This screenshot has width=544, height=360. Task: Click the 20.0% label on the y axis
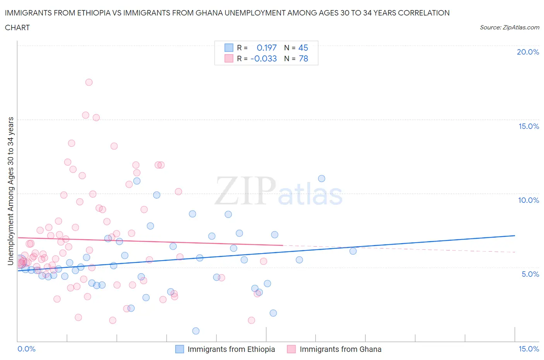[x=528, y=52]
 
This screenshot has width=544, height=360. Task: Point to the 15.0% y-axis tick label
[x=529, y=126]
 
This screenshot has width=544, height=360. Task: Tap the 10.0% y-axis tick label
[x=529, y=200]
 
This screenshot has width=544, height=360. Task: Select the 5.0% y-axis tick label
[x=530, y=274]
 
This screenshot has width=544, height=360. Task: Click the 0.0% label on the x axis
[x=26, y=349]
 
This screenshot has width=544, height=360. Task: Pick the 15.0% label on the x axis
[x=529, y=349]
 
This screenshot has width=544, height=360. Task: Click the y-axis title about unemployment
[x=10, y=191]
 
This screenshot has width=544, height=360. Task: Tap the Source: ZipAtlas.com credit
[x=509, y=27]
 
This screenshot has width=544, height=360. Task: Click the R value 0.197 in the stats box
[x=267, y=48]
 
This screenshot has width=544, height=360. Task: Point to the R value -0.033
[x=263, y=58]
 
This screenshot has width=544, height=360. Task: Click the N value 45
[x=303, y=48]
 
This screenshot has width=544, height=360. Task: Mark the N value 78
[x=303, y=58]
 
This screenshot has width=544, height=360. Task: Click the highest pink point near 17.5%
[x=89, y=82]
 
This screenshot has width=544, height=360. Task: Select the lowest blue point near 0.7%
[x=196, y=331]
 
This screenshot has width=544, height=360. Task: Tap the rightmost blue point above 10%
[x=322, y=178]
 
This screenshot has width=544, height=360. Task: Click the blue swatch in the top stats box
[x=229, y=48]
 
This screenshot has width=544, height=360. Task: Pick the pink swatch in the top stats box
[x=229, y=58]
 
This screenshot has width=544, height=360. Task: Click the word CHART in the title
[x=17, y=27]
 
